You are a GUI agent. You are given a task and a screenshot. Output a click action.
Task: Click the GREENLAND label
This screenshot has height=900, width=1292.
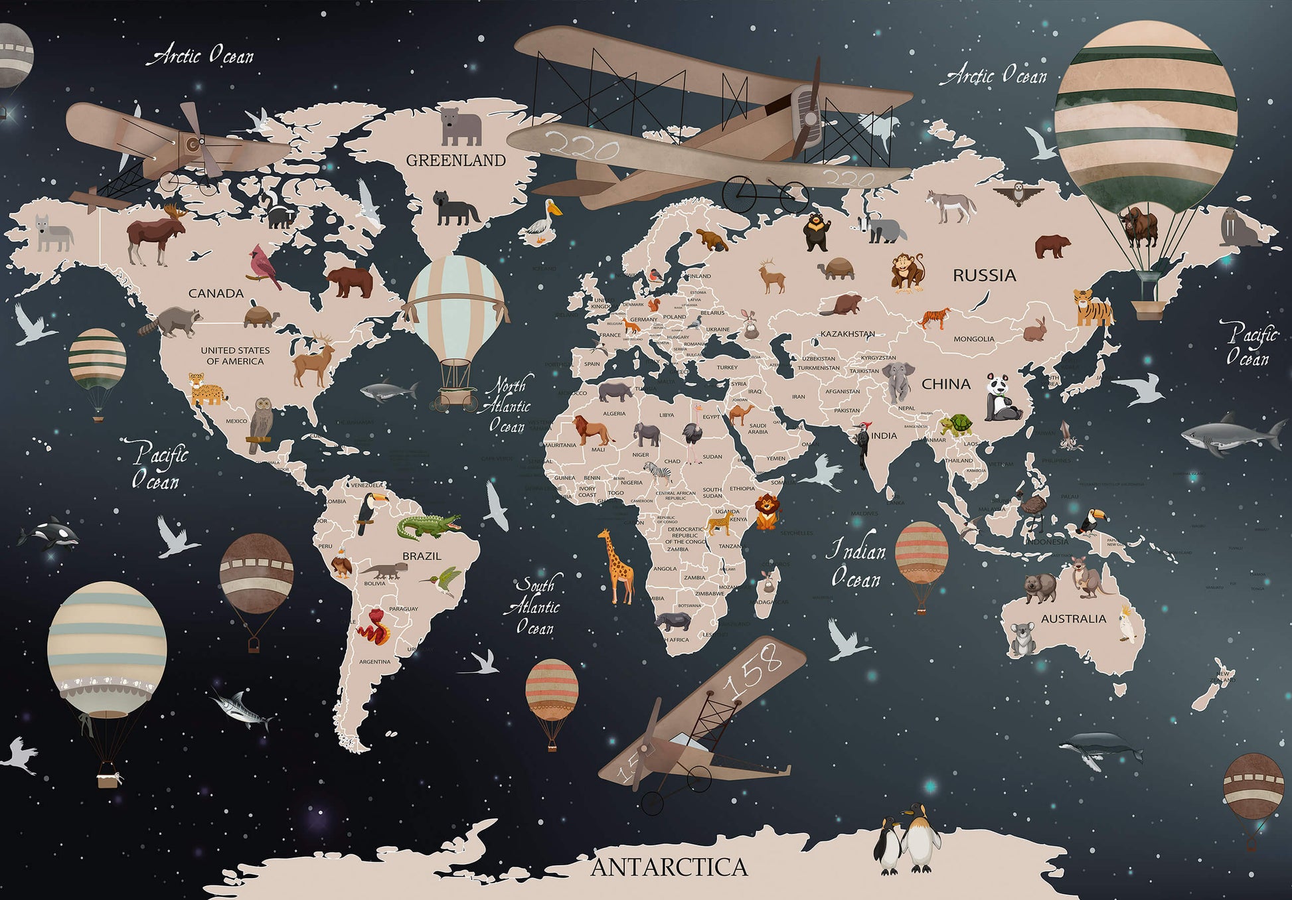click(455, 160)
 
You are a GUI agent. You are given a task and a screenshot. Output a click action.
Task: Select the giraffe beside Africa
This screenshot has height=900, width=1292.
click(616, 566)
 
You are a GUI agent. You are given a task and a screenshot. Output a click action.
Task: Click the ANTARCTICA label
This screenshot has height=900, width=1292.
click(669, 867)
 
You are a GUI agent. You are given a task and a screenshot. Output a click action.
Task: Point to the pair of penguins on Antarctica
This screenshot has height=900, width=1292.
click(908, 840)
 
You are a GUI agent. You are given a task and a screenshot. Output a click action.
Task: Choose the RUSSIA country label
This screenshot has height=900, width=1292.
click(984, 275)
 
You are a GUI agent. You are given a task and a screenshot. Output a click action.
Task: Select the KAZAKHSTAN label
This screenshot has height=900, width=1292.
click(847, 334)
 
